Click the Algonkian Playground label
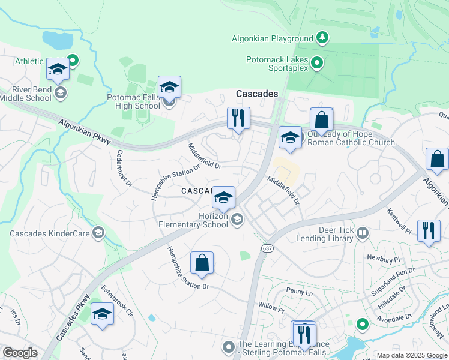coord(273,39)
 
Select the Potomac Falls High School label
coord(133,101)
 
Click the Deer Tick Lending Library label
coord(325,233)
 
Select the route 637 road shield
coord(267,248)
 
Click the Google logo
coord(20,353)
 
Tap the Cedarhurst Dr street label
coord(124,169)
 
